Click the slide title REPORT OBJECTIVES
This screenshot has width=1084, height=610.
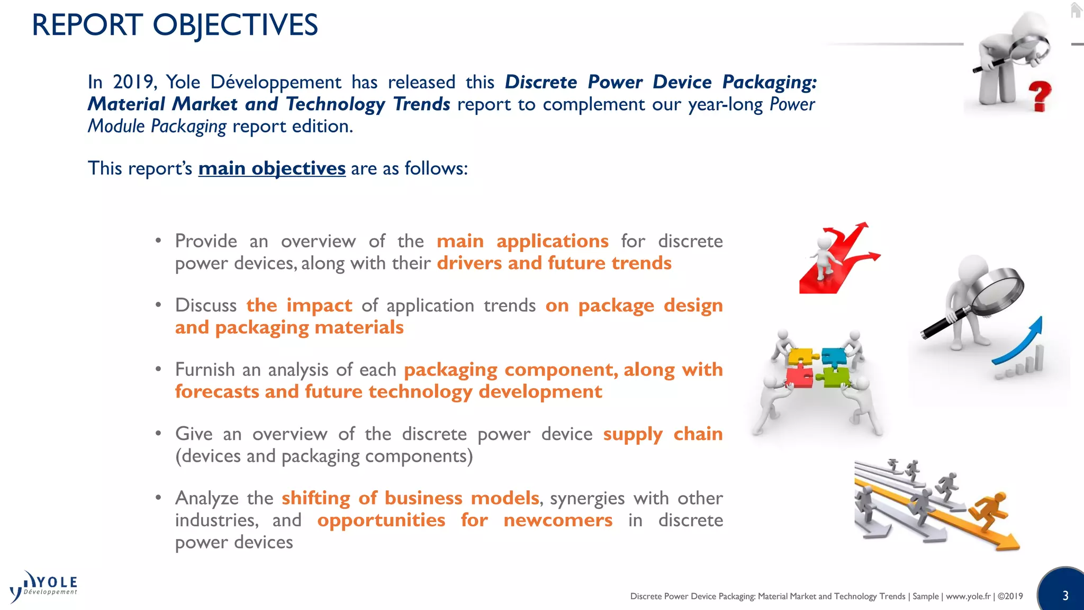click(175, 25)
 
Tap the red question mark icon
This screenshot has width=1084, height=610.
click(1040, 96)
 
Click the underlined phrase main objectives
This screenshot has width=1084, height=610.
click(272, 168)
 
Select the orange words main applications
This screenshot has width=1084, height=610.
click(522, 241)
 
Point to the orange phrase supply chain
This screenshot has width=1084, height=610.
click(663, 434)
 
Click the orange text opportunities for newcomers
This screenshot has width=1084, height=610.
click(465, 520)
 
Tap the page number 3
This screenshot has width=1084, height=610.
click(1065, 596)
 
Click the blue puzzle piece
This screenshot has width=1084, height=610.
click(834, 357)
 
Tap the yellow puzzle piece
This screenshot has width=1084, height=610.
click(800, 356)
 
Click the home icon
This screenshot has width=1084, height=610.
click(1076, 10)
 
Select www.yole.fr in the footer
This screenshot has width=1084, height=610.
click(968, 596)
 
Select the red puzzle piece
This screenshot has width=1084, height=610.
click(799, 377)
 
